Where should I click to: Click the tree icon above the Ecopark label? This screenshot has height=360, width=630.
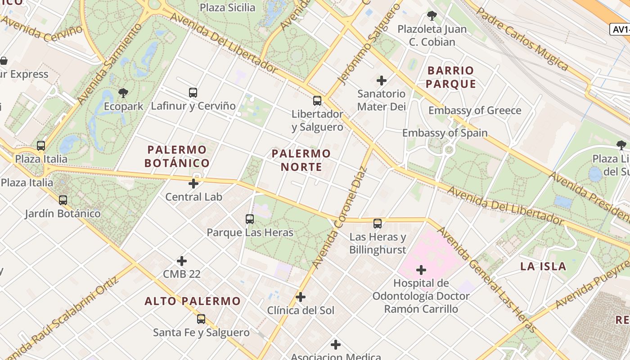tap(123, 93)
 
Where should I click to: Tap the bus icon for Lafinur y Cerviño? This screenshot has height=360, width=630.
tap(193, 93)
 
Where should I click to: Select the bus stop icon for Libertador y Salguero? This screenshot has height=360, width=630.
tap(317, 101)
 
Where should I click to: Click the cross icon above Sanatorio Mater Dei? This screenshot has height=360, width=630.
tap(382, 81)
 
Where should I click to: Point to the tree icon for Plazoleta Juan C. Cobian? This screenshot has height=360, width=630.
tap(432, 16)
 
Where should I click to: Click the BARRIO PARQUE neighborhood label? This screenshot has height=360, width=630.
tap(450, 77)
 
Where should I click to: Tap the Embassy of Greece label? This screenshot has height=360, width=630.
tap(474, 110)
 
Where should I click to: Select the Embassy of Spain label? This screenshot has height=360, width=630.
tap(445, 133)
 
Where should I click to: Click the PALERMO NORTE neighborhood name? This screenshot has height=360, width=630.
tap(301, 160)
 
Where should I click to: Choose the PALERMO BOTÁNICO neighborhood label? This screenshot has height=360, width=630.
tap(177, 156)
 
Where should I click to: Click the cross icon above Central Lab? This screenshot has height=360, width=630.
tap(193, 184)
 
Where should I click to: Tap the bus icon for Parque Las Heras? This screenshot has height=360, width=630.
tap(250, 219)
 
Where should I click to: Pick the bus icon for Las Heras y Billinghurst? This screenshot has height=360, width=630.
tap(378, 223)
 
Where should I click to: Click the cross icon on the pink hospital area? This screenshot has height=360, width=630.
tap(421, 270)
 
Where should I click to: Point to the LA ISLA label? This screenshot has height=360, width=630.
tap(543, 266)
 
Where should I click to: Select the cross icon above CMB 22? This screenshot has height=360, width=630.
tap(182, 261)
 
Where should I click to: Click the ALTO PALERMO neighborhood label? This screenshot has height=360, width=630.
tap(192, 301)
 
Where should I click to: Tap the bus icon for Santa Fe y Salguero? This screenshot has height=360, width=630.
tap(201, 319)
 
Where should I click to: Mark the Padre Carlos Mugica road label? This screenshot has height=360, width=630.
tap(522, 39)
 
